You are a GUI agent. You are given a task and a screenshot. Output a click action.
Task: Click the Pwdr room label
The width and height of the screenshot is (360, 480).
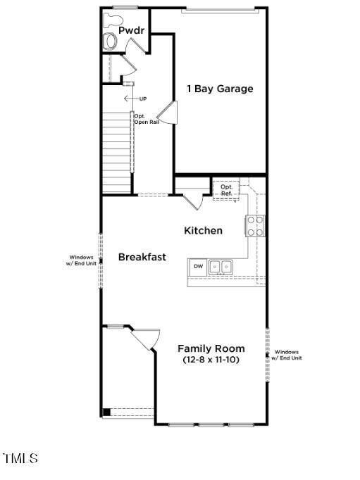(131, 31)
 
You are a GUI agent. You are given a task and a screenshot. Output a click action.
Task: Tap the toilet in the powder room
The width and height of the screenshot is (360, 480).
(111, 40)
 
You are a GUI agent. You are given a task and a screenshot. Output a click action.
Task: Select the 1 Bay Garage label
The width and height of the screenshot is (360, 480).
(219, 89)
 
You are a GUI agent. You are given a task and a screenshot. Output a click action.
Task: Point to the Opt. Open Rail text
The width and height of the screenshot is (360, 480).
(144, 119)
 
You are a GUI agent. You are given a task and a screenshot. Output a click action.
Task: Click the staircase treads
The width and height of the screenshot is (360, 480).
(117, 151)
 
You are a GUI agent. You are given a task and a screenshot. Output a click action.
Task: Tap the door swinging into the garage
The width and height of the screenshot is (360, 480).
(167, 112)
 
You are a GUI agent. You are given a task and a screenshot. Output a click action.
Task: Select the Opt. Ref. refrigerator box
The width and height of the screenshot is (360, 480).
(226, 189)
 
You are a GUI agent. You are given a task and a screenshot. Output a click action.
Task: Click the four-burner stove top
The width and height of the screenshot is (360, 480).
(255, 225)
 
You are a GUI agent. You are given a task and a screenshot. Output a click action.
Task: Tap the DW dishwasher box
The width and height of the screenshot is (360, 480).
(198, 267)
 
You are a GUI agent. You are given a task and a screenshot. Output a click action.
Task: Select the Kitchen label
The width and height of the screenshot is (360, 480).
(203, 231)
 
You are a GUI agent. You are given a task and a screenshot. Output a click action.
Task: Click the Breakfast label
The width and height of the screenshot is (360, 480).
(142, 257)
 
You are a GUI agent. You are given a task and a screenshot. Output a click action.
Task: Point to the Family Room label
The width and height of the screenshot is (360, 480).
(211, 348)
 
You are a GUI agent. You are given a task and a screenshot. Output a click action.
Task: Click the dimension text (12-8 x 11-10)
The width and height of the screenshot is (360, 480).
(211, 360)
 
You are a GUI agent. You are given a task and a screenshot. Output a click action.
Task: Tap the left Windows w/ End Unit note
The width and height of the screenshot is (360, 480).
(81, 260)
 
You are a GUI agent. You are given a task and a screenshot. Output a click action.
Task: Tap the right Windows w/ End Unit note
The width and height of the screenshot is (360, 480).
(287, 355)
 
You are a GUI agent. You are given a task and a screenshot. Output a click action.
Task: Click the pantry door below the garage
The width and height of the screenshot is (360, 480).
(192, 198)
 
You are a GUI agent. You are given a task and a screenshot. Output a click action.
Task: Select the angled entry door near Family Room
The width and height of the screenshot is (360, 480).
(144, 339)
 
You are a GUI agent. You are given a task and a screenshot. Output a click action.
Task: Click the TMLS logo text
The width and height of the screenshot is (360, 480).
(20, 459)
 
